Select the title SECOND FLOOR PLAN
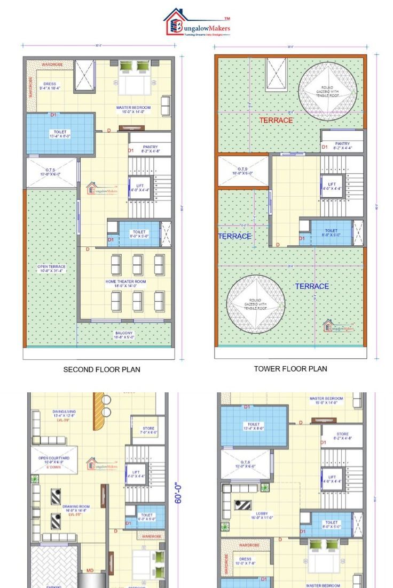102,369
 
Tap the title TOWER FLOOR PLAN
290,368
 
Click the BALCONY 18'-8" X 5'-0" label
124,335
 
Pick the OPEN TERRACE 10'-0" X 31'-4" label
51,269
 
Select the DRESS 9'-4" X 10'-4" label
50,85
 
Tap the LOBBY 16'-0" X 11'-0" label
261,515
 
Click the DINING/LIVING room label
64,414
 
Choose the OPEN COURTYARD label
54,460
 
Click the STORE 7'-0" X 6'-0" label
148,430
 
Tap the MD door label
90,571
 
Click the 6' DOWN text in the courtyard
53,468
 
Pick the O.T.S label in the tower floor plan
243,171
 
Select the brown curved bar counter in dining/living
99,412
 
